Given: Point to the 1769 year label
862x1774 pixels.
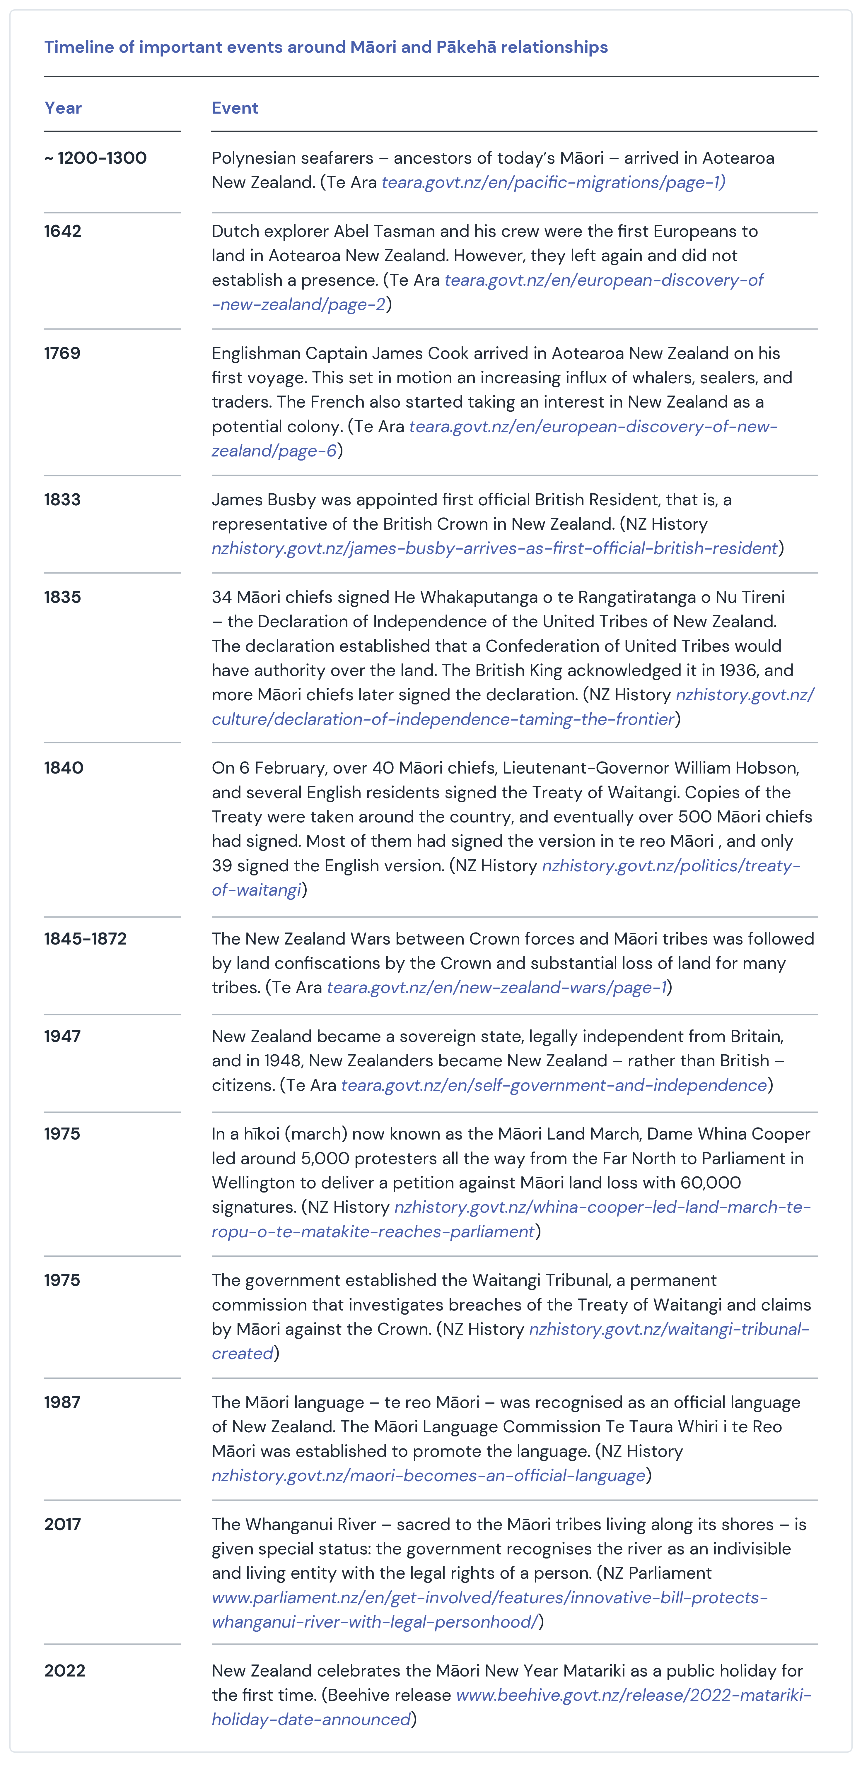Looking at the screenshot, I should (62, 353).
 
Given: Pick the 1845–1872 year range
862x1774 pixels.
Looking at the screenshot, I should (86, 939).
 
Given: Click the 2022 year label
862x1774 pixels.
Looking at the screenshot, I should (65, 1671).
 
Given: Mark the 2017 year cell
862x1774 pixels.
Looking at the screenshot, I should (63, 1524).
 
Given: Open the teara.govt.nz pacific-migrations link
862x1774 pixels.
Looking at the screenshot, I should (553, 182).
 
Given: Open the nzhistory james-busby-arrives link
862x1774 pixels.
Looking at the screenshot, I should (494, 548).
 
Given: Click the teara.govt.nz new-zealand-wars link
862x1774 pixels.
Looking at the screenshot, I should (496, 988).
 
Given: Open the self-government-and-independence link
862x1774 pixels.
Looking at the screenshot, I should (553, 1085).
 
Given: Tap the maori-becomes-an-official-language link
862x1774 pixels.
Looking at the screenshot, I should (428, 1476).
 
